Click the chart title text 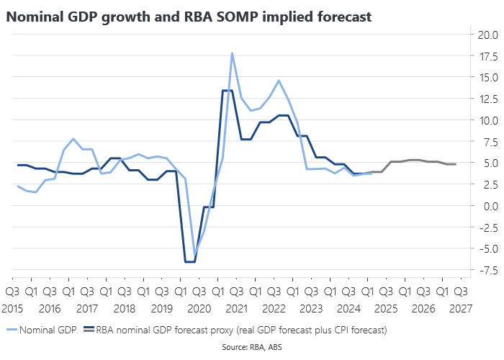[x=189, y=17]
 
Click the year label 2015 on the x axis [x=13, y=308]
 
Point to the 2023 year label [x=311, y=308]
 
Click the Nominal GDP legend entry [x=44, y=330]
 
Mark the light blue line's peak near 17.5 [x=232, y=53]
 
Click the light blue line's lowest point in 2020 [x=194, y=256]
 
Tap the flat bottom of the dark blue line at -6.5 [x=190, y=261]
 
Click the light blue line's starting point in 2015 [x=17, y=186]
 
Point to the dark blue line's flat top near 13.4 [x=227, y=91]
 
